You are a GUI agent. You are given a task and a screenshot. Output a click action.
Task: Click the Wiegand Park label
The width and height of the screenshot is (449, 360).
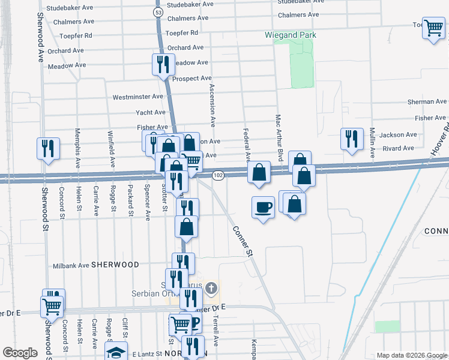point(291,35)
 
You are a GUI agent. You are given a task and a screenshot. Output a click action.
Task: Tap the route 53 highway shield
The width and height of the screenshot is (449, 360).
point(158,12)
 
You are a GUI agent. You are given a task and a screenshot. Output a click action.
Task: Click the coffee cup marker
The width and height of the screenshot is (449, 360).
point(262,207)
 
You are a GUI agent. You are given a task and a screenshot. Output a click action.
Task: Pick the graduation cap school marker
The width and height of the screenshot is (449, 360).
point(116,352)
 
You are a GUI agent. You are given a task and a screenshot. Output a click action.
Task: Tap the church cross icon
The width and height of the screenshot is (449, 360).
point(211,289)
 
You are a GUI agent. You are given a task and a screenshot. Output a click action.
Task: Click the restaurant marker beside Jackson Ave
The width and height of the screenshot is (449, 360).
point(351,138)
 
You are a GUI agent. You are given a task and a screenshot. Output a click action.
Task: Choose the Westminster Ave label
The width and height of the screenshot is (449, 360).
point(138,97)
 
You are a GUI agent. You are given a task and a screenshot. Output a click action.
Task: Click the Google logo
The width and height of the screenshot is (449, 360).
point(20,353)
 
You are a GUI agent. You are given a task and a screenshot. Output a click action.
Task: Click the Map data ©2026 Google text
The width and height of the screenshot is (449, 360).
point(411,355)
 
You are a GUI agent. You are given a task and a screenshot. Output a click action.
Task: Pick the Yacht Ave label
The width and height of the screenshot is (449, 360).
point(151,112)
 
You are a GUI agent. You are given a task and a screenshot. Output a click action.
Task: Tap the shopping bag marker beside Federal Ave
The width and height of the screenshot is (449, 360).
point(258,173)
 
